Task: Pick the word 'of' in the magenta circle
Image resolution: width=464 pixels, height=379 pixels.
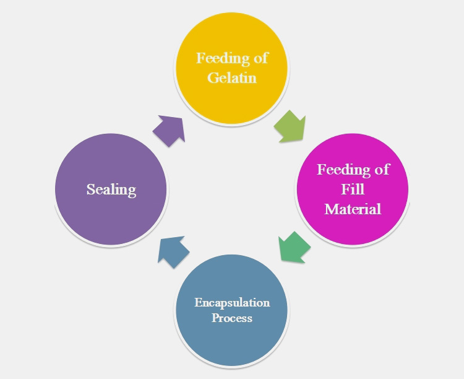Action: click(382, 169)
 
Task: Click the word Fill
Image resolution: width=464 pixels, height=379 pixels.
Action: click(352, 189)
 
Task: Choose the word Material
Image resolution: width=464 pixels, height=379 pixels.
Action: click(353, 209)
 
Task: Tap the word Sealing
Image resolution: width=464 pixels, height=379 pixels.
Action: click(111, 189)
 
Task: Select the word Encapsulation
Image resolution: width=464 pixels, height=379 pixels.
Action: click(232, 303)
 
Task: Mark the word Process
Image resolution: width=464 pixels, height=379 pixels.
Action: click(232, 318)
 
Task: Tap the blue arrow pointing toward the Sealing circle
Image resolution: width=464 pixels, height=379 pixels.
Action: click(173, 251)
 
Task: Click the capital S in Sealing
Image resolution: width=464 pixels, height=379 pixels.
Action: click(90, 189)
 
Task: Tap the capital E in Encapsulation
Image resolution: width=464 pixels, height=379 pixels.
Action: click(197, 303)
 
